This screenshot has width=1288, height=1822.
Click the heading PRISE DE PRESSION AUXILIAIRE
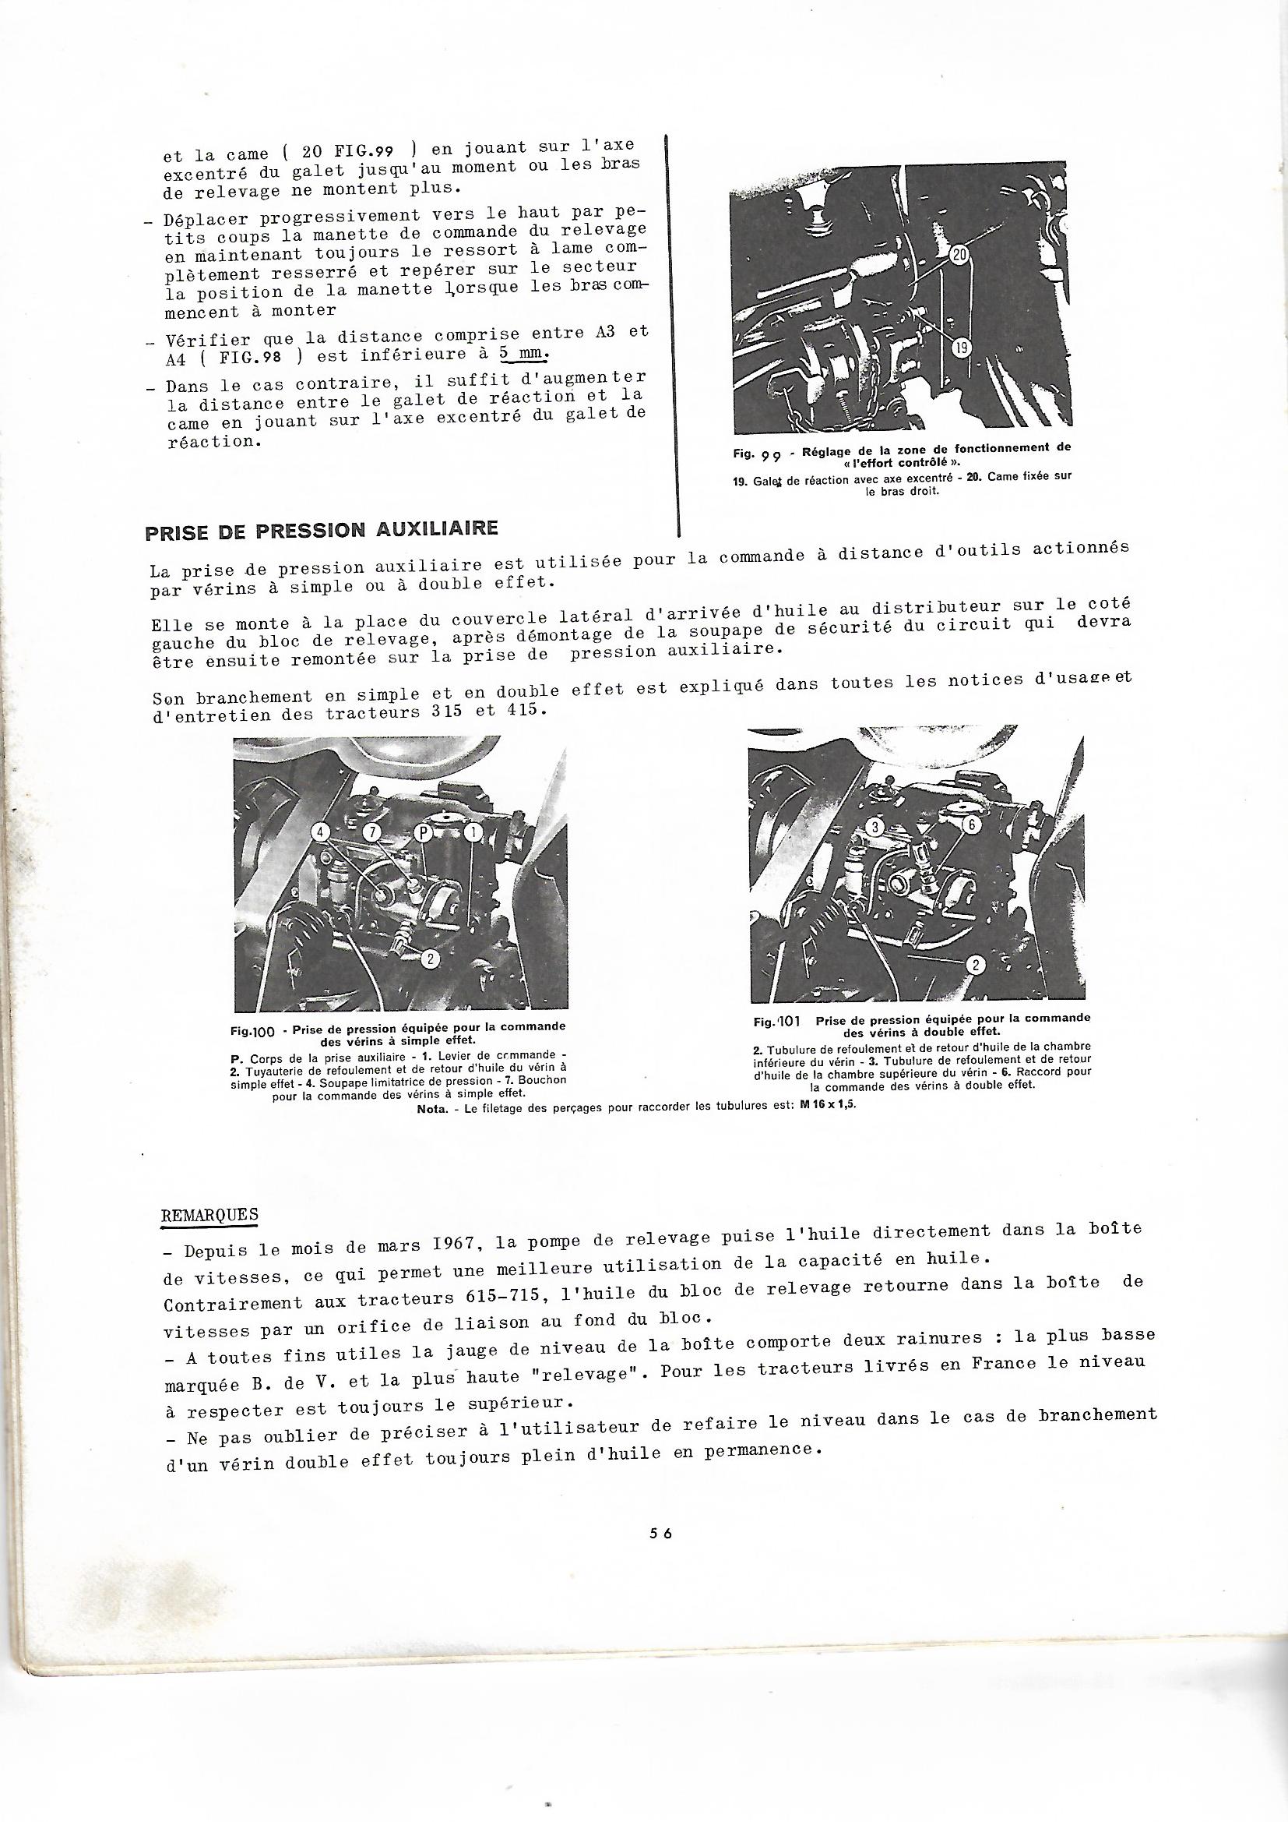point(321,529)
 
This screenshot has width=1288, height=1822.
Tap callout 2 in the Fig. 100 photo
point(429,959)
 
